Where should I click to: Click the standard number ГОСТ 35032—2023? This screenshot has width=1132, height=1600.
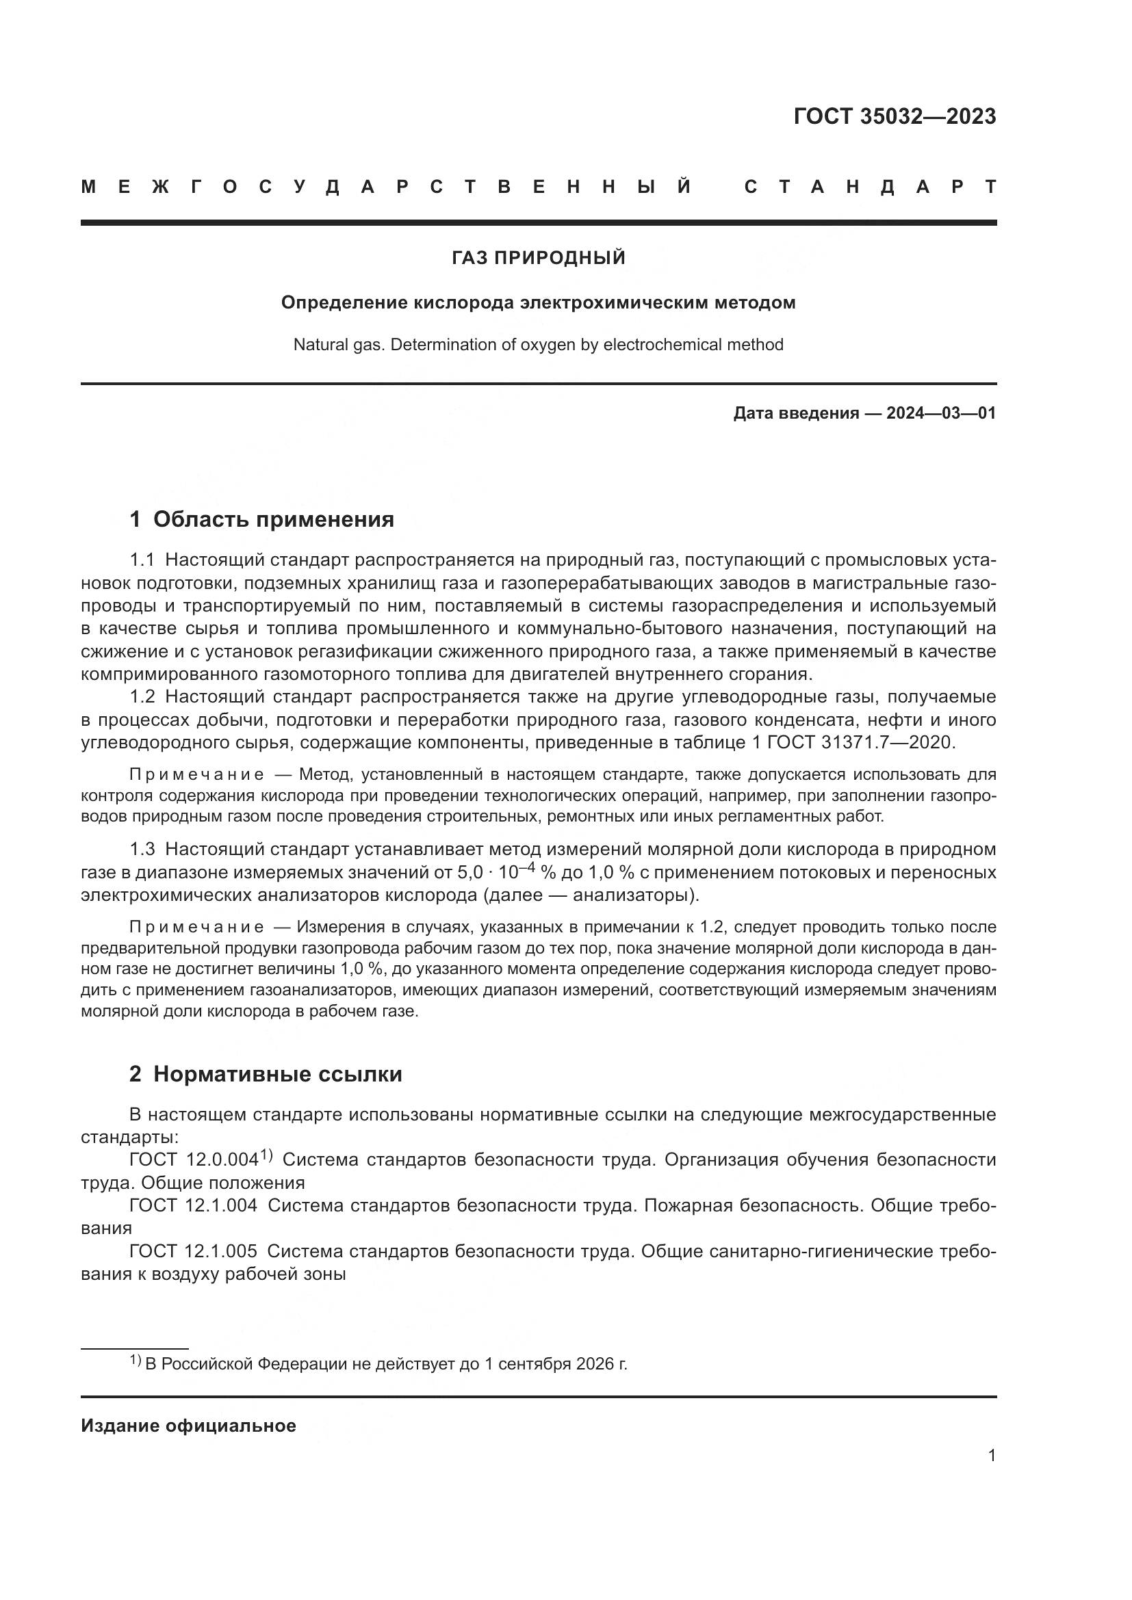click(x=895, y=116)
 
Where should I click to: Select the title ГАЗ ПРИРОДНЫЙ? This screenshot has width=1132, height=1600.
click(x=538, y=259)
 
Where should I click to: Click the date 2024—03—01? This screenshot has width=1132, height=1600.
click(x=940, y=413)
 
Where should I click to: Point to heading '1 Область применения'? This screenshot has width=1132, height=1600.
click(x=261, y=519)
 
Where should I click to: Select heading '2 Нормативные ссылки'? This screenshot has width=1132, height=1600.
click(x=266, y=1074)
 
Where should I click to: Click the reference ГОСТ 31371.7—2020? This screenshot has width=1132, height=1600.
click(x=860, y=742)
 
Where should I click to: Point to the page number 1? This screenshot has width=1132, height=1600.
click(x=992, y=1456)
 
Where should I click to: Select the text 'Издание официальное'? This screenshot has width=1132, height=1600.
click(x=188, y=1426)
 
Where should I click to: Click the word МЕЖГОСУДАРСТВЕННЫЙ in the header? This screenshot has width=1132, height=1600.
click(x=387, y=187)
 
